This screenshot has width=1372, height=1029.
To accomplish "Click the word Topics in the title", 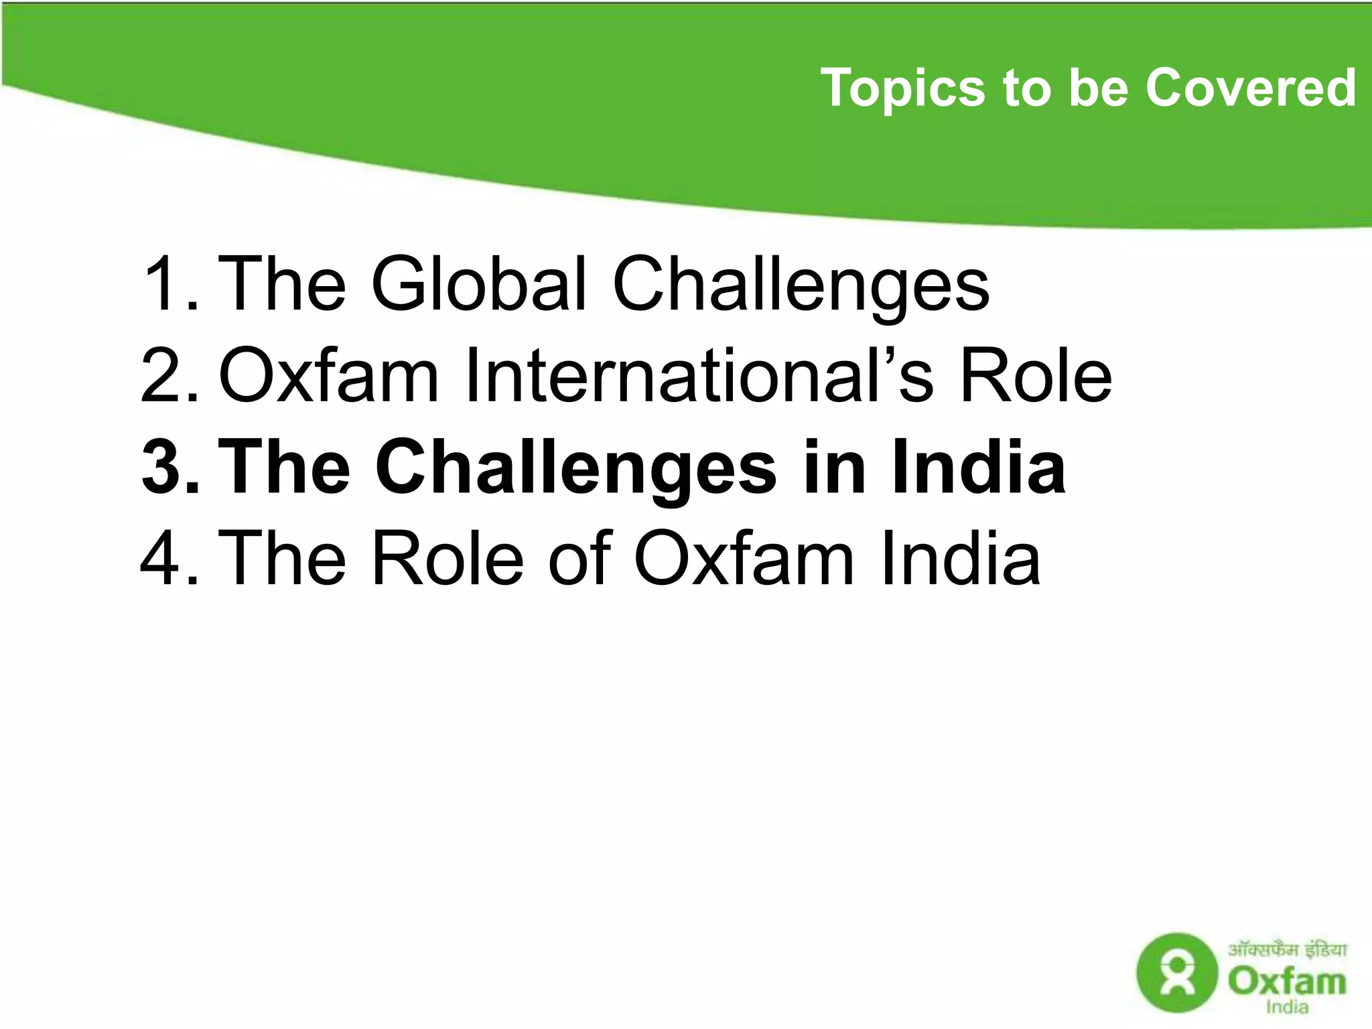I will click(x=902, y=88).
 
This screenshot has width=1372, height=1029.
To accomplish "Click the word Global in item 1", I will click(x=479, y=284).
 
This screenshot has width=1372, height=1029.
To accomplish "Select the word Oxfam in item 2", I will click(x=328, y=376).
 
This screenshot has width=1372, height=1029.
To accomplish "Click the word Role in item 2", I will click(x=1036, y=376).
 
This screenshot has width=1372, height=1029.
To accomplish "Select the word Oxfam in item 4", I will click(x=744, y=559).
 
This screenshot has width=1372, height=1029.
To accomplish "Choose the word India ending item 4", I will click(x=961, y=559).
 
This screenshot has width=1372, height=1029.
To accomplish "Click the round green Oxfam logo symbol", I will click(x=1177, y=972).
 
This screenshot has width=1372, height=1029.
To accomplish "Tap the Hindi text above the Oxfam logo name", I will click(x=1287, y=949).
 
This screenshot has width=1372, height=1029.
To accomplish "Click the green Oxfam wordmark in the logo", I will click(x=1286, y=981).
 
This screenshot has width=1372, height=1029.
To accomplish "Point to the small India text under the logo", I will click(x=1287, y=1007).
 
